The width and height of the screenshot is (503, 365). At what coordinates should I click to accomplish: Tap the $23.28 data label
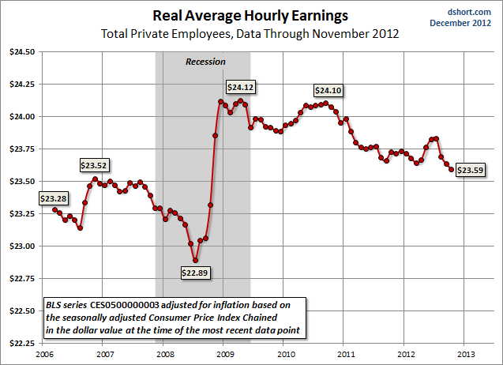(53, 198)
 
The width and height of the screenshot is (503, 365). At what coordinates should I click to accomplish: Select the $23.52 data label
(94, 165)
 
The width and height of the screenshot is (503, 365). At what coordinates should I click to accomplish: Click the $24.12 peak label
(241, 87)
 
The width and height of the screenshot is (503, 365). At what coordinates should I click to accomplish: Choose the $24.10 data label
(328, 91)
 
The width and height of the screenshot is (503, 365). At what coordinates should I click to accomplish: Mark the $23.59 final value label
(471, 170)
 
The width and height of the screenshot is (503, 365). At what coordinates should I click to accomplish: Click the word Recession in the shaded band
(205, 62)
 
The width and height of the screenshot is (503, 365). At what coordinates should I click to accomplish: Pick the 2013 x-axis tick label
(464, 352)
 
